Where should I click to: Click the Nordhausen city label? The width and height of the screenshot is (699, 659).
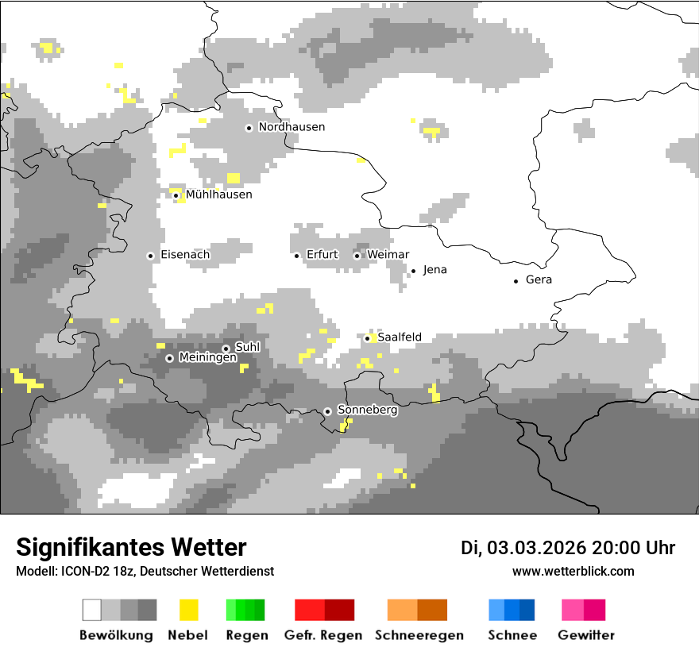tap(292, 127)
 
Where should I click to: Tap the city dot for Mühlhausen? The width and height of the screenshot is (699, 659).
tap(176, 195)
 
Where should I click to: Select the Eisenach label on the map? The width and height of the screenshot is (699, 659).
tap(185, 255)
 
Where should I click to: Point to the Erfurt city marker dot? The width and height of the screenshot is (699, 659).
tap(296, 256)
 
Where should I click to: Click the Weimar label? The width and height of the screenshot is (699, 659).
tap(388, 255)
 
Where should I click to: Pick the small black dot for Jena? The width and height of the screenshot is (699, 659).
tap(413, 271)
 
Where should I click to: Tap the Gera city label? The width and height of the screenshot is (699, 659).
tap(539, 280)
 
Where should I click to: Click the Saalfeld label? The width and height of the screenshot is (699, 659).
tap(400, 337)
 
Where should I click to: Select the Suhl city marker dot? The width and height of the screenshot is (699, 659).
tap(226, 349)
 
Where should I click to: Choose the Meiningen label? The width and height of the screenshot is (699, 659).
tap(208, 358)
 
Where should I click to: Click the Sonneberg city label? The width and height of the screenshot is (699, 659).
tap(368, 410)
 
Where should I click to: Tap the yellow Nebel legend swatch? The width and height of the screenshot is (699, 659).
tap(189, 610)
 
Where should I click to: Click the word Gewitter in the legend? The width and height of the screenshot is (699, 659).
tap(586, 635)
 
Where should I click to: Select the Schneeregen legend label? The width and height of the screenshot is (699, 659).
tap(419, 635)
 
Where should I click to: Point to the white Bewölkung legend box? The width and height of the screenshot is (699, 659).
tap(92, 610)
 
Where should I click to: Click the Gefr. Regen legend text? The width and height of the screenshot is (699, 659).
tap(323, 635)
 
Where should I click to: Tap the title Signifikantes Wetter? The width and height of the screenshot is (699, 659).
tap(131, 547)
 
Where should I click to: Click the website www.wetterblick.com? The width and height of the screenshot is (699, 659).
tap(573, 571)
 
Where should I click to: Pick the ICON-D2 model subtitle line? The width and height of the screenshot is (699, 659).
tap(145, 571)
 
